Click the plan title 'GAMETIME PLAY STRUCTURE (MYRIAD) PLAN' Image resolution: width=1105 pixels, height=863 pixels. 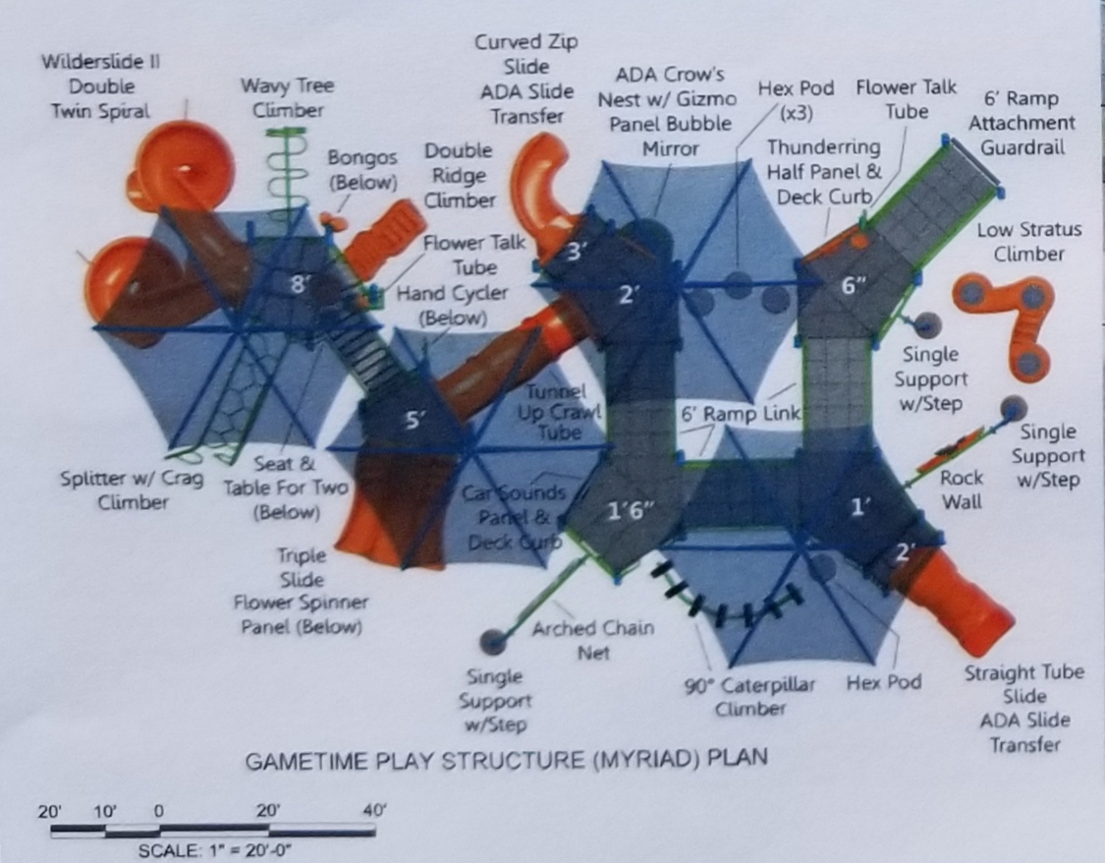[x=506, y=760]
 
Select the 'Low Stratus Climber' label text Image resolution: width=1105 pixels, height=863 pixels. [x=1028, y=242]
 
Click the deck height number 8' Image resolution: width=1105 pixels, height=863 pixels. [x=301, y=285]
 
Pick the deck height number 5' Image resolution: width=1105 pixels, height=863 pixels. [x=414, y=420]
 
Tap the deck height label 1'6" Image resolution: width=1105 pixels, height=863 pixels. [x=630, y=511]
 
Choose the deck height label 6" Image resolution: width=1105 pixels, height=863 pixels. [x=854, y=285]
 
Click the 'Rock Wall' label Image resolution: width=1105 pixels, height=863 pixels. [x=961, y=489]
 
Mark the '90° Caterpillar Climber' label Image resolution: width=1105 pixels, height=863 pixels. [x=749, y=696]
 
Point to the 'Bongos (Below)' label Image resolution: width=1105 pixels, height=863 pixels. [x=362, y=169]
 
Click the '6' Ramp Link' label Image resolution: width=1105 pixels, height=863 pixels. [x=741, y=414]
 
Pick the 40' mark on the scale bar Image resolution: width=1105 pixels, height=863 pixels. [x=372, y=811]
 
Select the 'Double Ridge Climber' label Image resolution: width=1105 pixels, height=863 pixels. [x=459, y=176]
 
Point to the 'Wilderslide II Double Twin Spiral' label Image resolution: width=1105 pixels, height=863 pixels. [x=101, y=86]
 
